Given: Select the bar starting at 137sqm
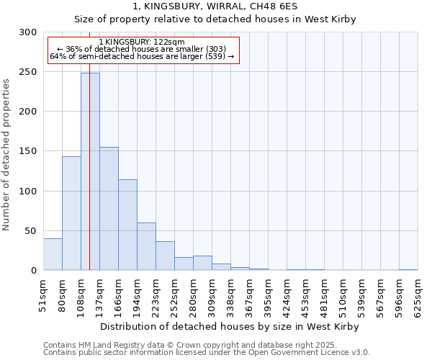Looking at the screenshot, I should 109,209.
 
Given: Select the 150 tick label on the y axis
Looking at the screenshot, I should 28,151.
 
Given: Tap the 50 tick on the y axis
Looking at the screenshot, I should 31,231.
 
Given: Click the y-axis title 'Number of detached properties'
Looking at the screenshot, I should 6,155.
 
